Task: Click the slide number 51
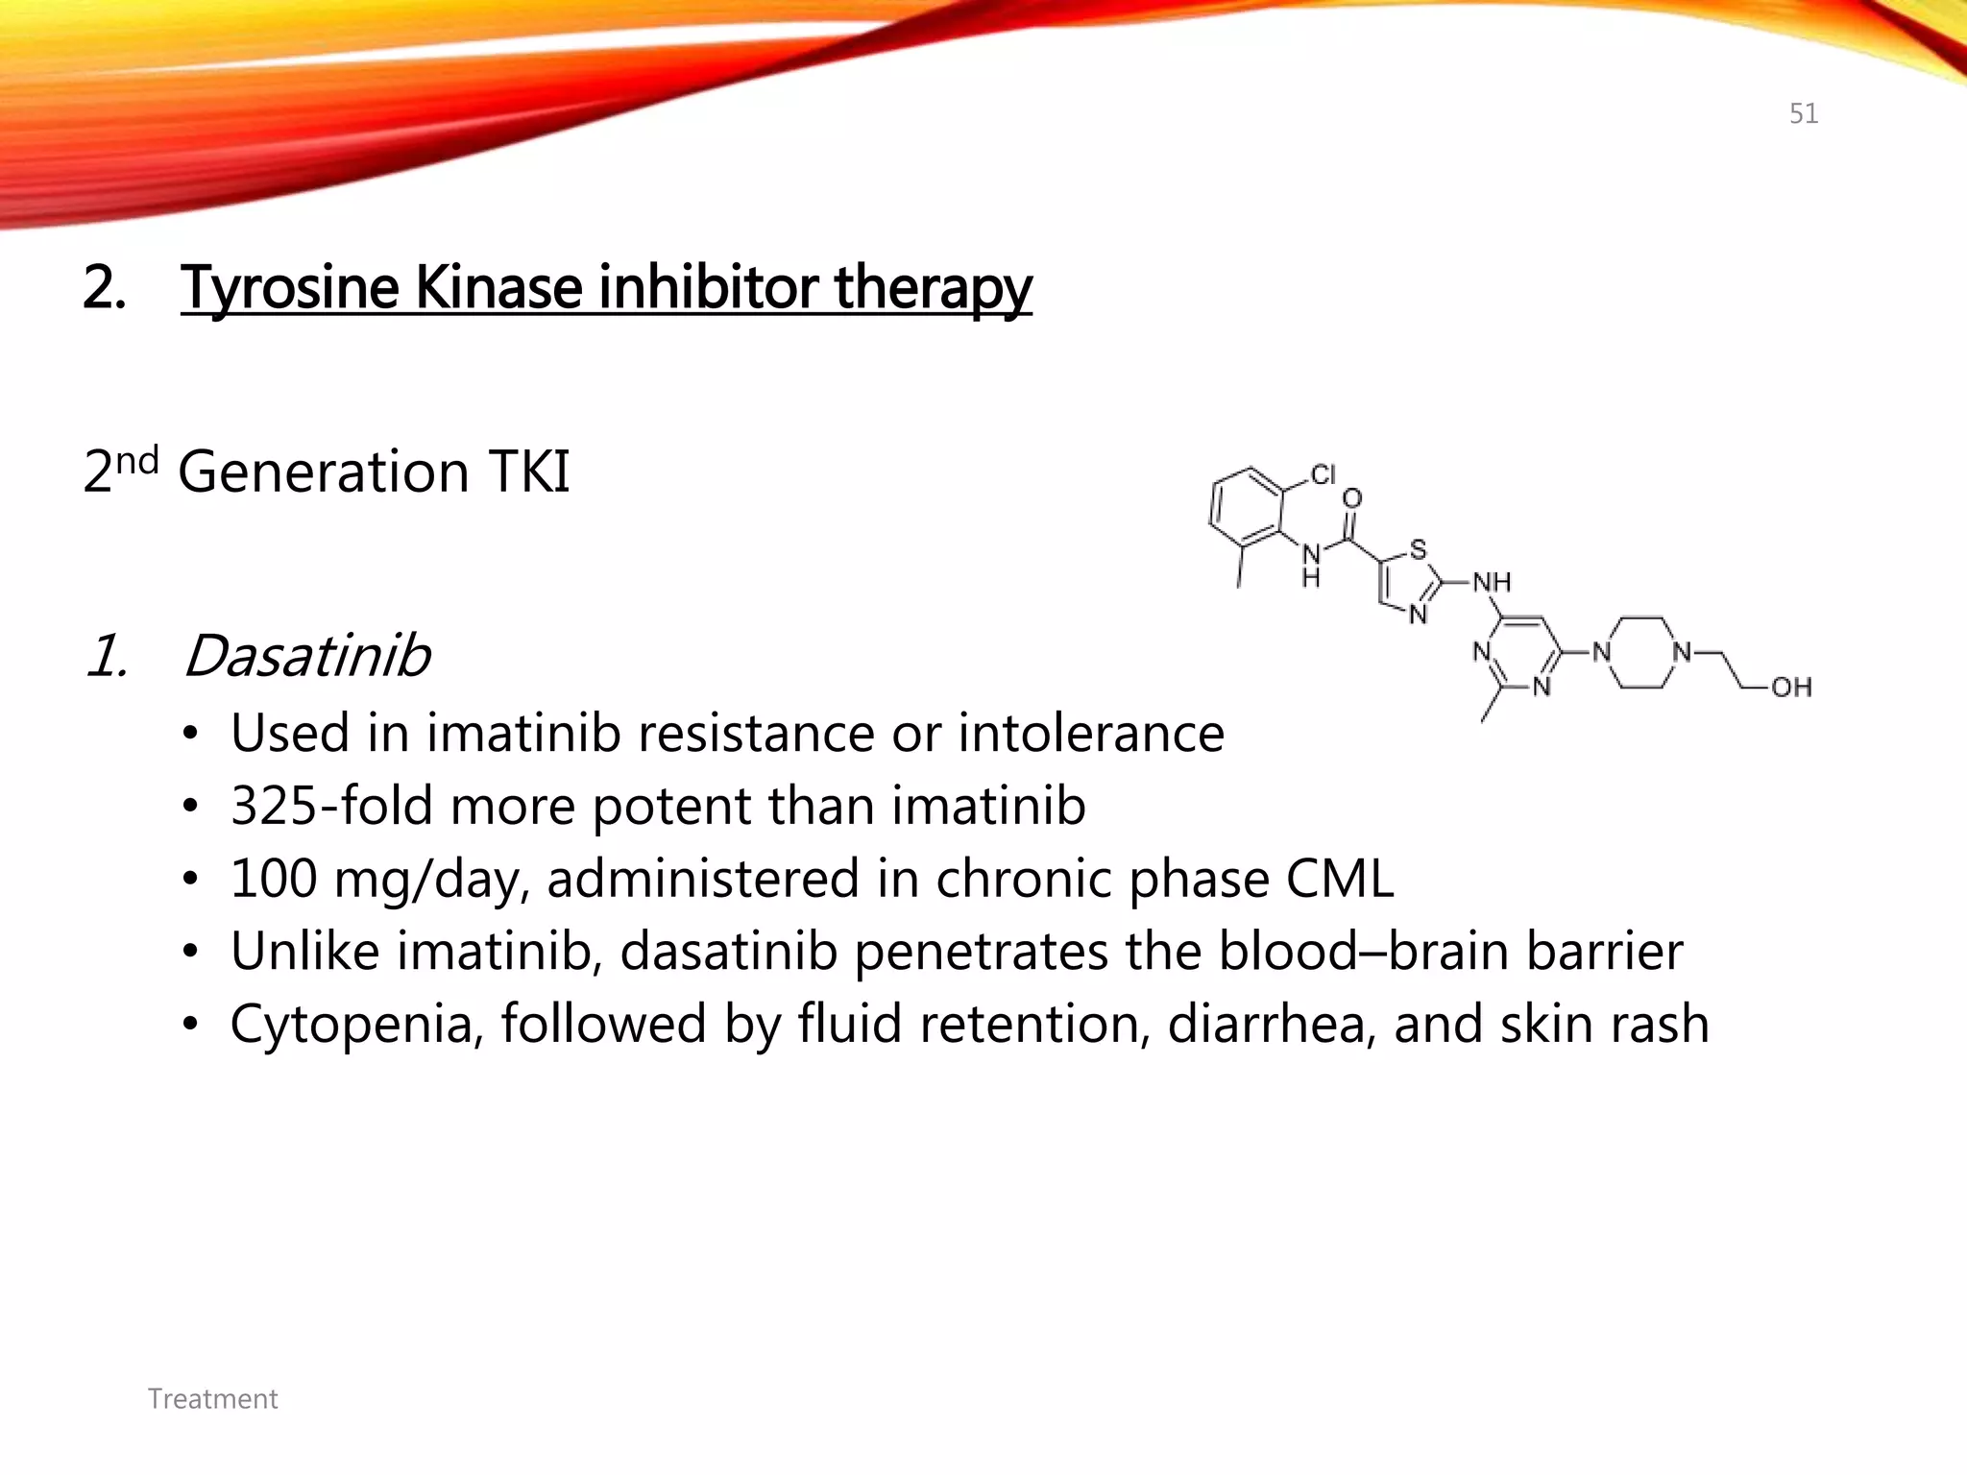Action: (x=1803, y=114)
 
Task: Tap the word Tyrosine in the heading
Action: (x=288, y=287)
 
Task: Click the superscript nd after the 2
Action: (x=136, y=460)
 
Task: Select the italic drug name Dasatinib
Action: (x=306, y=656)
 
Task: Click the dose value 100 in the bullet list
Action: (x=274, y=878)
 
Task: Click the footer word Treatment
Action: (x=213, y=1398)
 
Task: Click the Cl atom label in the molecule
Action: (x=1323, y=474)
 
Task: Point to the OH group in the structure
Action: (x=1791, y=687)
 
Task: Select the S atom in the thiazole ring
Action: (x=1418, y=550)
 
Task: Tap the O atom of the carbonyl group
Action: (x=1351, y=498)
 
